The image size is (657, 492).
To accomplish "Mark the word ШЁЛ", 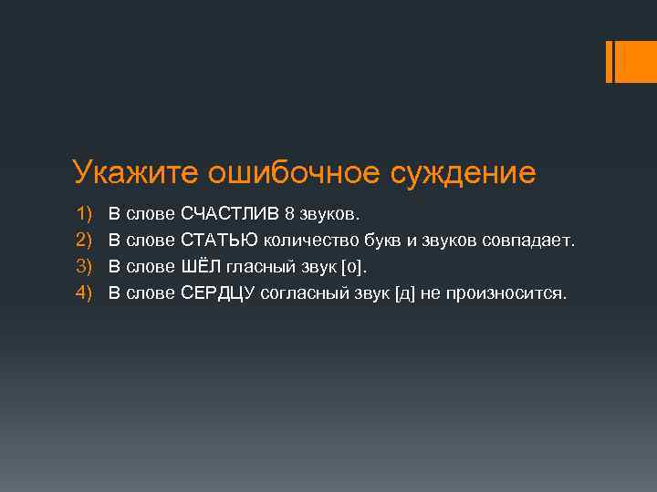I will point(198,267).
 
